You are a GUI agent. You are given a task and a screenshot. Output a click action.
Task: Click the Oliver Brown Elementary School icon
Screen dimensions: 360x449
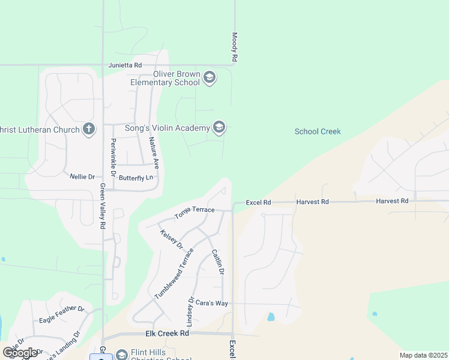pos(209,77)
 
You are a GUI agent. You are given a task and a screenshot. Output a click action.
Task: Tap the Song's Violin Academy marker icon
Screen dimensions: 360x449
pos(219,127)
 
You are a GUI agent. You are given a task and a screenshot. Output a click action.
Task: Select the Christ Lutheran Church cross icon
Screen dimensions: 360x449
pos(89,130)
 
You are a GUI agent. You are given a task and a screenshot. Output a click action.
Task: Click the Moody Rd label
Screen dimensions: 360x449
pos(235,47)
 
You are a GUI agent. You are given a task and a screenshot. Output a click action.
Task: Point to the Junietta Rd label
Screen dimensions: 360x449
pos(125,65)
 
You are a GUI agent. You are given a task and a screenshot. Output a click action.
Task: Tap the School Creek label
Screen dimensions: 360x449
pos(318,131)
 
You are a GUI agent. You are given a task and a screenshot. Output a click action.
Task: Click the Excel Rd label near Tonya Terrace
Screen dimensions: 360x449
pos(259,203)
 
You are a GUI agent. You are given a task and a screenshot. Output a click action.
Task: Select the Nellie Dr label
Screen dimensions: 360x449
pos(82,176)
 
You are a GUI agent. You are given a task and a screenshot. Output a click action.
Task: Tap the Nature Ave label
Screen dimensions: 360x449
pos(154,152)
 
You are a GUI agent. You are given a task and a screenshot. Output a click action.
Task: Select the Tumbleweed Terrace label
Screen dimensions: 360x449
pos(174,273)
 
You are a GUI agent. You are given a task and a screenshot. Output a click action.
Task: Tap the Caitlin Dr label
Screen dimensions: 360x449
pos(217,263)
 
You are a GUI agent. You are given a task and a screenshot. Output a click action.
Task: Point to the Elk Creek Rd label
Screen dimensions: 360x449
pos(167,333)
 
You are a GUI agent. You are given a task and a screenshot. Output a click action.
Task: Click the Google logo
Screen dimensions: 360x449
pos(20,353)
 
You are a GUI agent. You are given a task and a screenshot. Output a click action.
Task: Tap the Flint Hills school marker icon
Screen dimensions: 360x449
pos(122,355)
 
